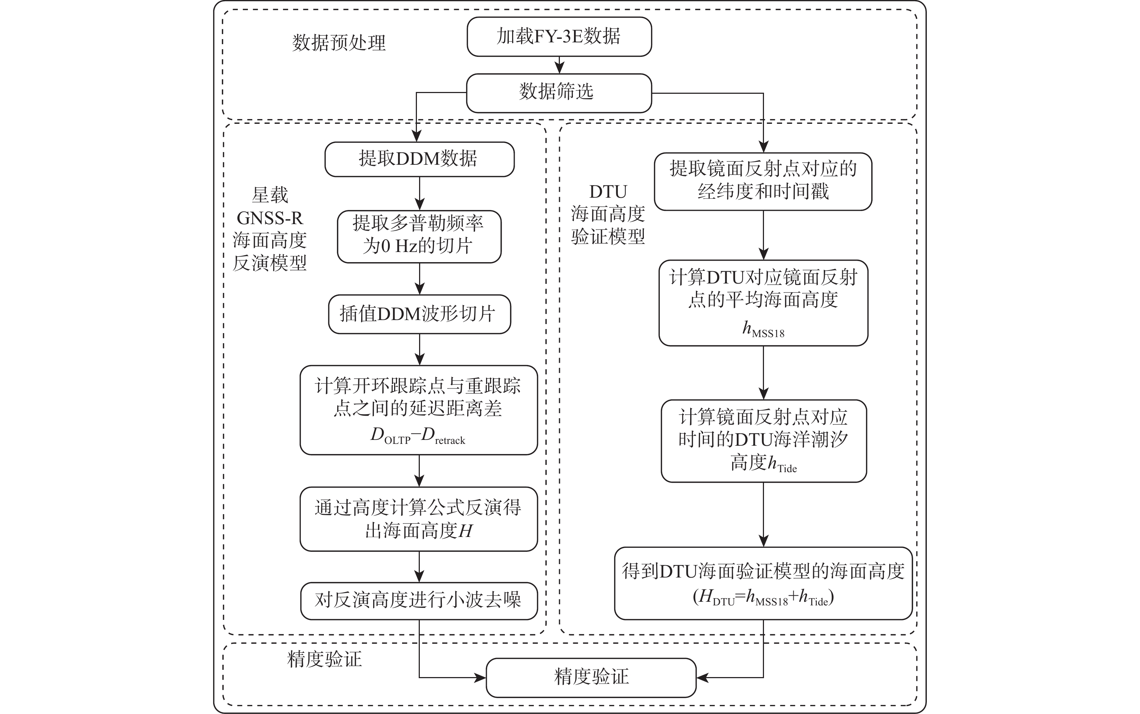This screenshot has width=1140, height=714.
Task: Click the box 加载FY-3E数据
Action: (559, 37)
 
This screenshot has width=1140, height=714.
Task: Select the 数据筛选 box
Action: (559, 93)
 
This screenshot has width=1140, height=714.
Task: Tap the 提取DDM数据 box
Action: (419, 159)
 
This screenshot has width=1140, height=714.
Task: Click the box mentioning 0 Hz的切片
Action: (419, 236)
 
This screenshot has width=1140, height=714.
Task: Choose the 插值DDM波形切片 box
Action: (419, 314)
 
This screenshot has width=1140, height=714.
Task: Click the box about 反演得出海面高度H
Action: (419, 519)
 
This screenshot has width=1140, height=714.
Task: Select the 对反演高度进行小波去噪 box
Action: (419, 600)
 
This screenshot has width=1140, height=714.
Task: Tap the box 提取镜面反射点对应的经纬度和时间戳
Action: (763, 181)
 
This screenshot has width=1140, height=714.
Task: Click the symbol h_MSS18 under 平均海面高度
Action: (763, 329)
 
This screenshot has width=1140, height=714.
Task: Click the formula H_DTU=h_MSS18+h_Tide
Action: (763, 598)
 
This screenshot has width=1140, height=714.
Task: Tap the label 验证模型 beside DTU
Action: (608, 236)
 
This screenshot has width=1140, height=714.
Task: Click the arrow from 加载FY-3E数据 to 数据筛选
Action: (559, 65)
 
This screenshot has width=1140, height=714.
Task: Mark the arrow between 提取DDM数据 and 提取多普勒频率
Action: (419, 194)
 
